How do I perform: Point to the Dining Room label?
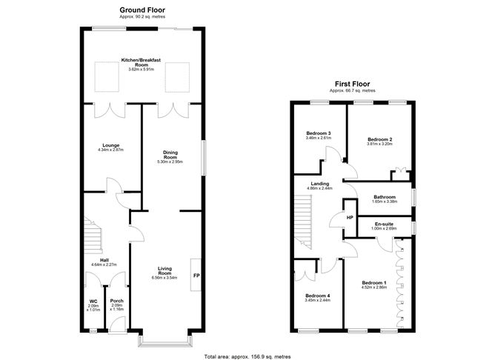click(170, 155)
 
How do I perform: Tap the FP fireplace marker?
click(196, 276)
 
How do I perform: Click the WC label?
click(93, 301)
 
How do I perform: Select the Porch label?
click(116, 301)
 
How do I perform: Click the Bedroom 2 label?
click(379, 139)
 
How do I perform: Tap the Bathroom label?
click(385, 197)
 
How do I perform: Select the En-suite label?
click(384, 224)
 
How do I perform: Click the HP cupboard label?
click(350, 219)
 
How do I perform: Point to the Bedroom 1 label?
click(373, 283)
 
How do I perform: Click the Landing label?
click(321, 184)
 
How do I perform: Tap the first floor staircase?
click(302, 219)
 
